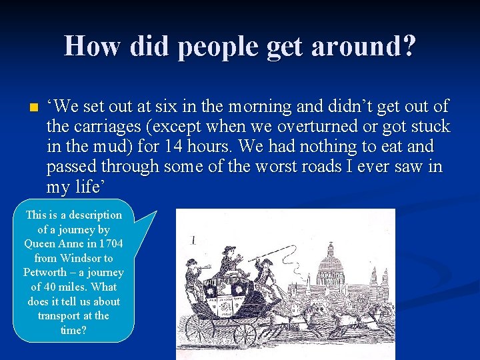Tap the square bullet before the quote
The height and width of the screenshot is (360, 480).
[33, 107]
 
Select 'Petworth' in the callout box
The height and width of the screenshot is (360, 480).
[45, 273]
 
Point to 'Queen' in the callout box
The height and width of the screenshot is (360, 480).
[40, 243]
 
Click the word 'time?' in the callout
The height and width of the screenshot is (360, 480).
[73, 331]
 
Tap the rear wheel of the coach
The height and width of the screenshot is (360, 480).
[199, 329]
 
